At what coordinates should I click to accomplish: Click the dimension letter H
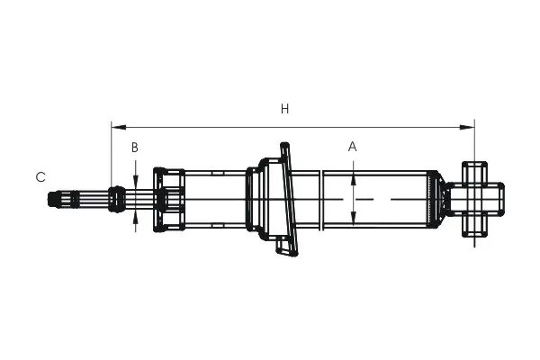(x=284, y=109)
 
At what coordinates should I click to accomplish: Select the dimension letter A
(x=352, y=147)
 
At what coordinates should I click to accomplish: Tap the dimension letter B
(x=135, y=148)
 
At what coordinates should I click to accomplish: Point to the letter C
(x=40, y=177)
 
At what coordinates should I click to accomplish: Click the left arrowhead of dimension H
(x=119, y=128)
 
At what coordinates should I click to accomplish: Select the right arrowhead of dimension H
(x=467, y=128)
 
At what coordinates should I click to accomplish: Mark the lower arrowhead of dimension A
(x=354, y=218)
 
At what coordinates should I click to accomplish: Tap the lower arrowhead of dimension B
(x=136, y=217)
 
